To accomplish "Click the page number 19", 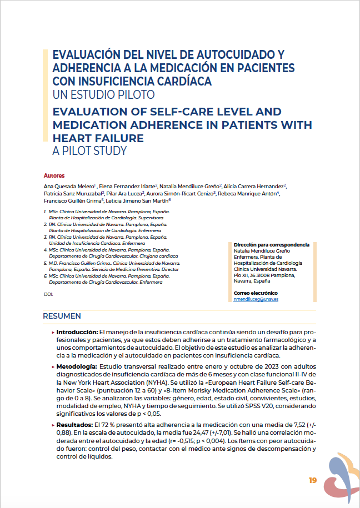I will click(x=313, y=480).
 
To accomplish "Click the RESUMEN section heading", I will click(x=62, y=316).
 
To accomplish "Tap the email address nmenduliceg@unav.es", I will click(x=256, y=299).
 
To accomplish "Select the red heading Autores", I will click(x=54, y=175).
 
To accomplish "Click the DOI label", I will click(x=48, y=294).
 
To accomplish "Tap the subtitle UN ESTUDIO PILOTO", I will click(x=103, y=94).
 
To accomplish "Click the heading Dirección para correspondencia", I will click(x=272, y=244).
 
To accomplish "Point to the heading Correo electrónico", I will click(x=256, y=293).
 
